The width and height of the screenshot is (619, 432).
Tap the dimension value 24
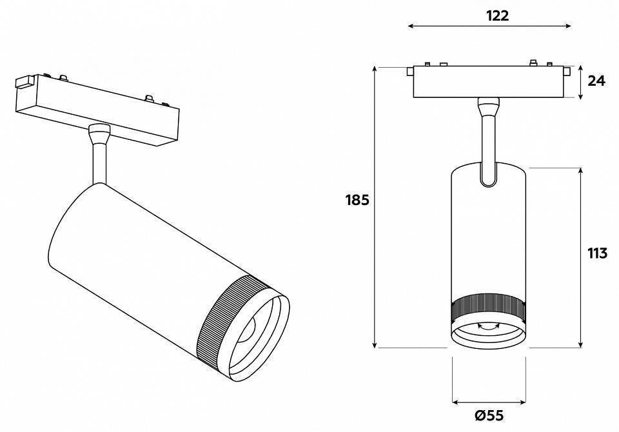click(597, 81)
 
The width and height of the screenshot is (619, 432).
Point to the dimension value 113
click(597, 253)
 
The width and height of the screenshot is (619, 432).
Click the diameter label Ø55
click(489, 416)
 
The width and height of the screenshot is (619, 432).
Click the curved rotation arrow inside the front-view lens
click(489, 327)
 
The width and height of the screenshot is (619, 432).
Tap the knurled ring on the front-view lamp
click(489, 309)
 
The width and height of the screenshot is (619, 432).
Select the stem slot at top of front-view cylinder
click(489, 174)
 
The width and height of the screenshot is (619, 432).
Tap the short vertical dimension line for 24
click(581, 82)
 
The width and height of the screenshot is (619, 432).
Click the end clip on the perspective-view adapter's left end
click(25, 82)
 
